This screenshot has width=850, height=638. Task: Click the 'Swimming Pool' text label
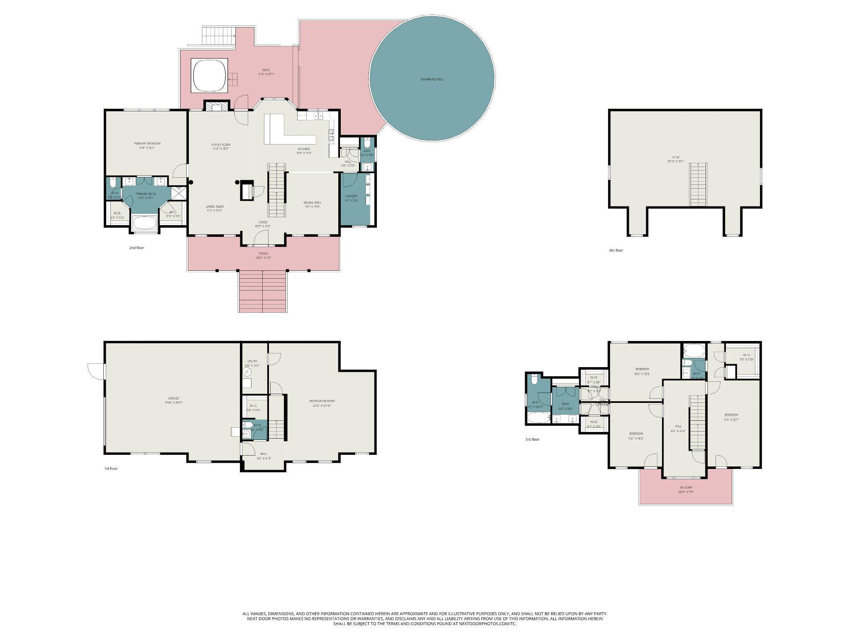pos(432,79)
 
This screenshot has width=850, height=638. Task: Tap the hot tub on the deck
pos(209,76)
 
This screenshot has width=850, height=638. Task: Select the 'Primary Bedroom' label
pos(147,144)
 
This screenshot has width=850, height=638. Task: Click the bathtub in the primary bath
pos(144,223)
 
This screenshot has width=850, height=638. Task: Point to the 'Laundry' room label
pos(351,196)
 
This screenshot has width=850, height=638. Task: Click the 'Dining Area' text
pos(312,203)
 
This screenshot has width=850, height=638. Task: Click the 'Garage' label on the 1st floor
pos(173,398)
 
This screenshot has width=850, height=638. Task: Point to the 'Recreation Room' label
pos(322,401)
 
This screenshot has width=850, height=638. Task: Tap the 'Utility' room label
pos(252,361)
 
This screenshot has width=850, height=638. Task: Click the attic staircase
pos(698,184)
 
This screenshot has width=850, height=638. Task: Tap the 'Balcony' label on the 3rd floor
pos(686,488)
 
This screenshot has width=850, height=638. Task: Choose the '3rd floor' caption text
pos(532,439)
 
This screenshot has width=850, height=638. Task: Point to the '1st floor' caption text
pos(111,469)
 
